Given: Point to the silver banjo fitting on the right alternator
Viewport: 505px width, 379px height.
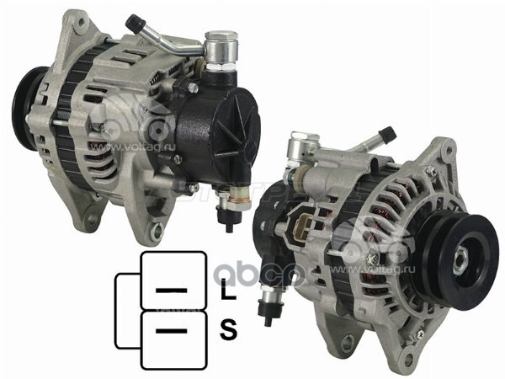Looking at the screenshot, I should pos(300,150).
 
